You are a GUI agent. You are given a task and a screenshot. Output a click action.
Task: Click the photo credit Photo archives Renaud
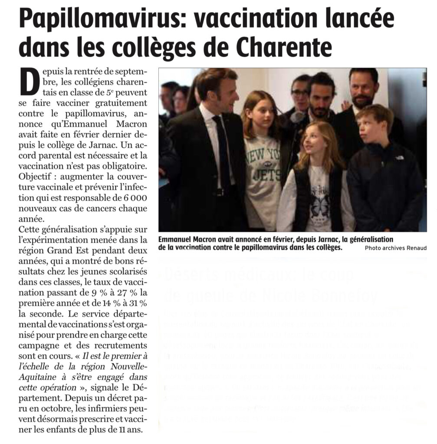[395, 248]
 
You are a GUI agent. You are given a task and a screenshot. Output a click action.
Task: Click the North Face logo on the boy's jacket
[398, 157]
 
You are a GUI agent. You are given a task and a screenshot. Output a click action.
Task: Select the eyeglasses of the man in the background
[300, 92]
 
